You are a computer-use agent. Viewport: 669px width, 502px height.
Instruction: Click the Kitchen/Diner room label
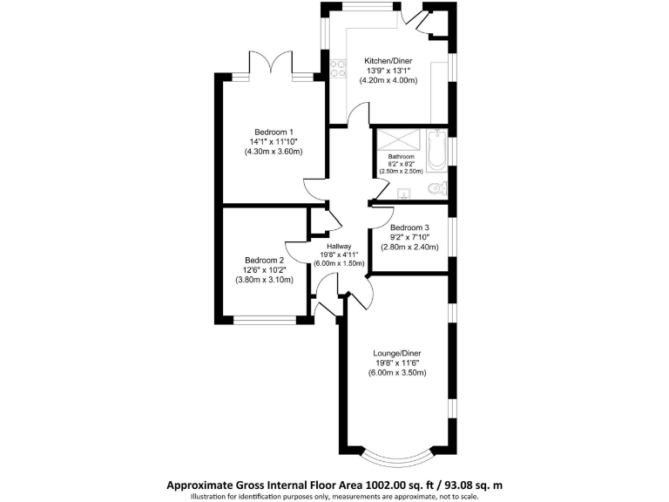pyautogui.click(x=388, y=61)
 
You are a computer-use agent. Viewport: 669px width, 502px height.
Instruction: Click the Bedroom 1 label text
pyautogui.click(x=273, y=132)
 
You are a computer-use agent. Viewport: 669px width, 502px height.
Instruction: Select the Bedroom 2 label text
pyautogui.click(x=264, y=261)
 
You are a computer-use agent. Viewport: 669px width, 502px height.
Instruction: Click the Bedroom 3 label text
pyautogui.click(x=409, y=227)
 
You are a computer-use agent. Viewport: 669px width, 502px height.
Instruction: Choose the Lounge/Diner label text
pyautogui.click(x=396, y=354)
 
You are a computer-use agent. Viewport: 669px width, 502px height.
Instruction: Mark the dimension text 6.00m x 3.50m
pyautogui.click(x=396, y=373)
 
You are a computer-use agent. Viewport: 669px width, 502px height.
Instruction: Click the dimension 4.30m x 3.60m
pyautogui.click(x=273, y=152)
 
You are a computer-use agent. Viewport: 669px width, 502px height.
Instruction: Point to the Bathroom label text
pyautogui.click(x=401, y=157)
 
